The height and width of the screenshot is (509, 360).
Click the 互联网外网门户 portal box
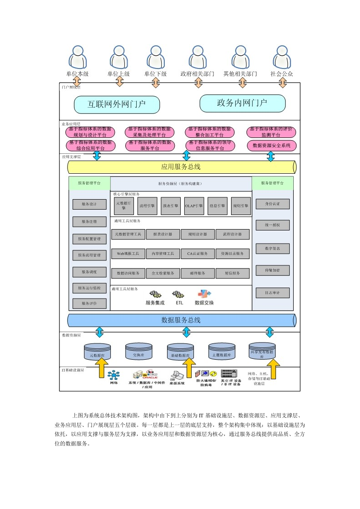(x=117, y=104)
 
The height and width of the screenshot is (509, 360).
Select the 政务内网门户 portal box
(x=242, y=103)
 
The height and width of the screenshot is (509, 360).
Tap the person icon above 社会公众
(x=282, y=57)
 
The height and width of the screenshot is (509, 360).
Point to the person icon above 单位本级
(x=77, y=57)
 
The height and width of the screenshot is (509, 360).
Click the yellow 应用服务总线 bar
(x=181, y=167)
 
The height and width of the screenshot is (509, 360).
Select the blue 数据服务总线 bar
(x=181, y=320)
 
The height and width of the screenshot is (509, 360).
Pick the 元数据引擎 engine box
(x=124, y=206)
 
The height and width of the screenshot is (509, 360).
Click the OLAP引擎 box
(x=194, y=206)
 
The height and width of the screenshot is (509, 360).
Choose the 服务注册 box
(x=89, y=222)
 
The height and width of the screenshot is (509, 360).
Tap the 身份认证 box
(x=272, y=204)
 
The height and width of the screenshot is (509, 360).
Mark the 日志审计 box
(x=272, y=293)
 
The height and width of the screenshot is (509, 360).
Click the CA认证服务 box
(x=197, y=254)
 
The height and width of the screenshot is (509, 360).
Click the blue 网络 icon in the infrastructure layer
(x=113, y=376)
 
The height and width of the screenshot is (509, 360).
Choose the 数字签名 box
(x=272, y=248)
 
